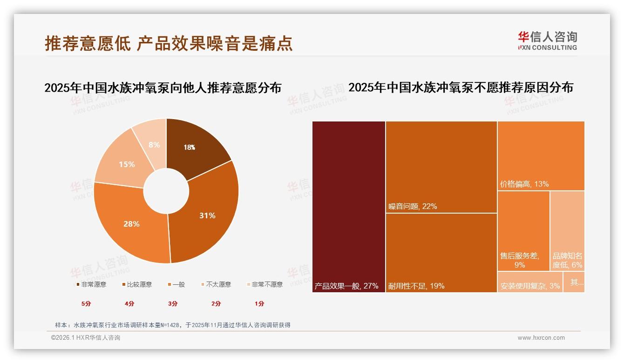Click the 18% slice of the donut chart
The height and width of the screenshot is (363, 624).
[196, 144]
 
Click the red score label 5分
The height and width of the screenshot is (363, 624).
[86, 303]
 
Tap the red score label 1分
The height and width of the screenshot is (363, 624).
[259, 303]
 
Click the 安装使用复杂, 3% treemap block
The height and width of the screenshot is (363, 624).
[530, 282]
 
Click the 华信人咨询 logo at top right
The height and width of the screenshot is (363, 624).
[547, 41]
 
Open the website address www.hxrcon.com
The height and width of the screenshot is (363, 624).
[541, 338]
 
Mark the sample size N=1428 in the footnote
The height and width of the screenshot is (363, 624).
[172, 325]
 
